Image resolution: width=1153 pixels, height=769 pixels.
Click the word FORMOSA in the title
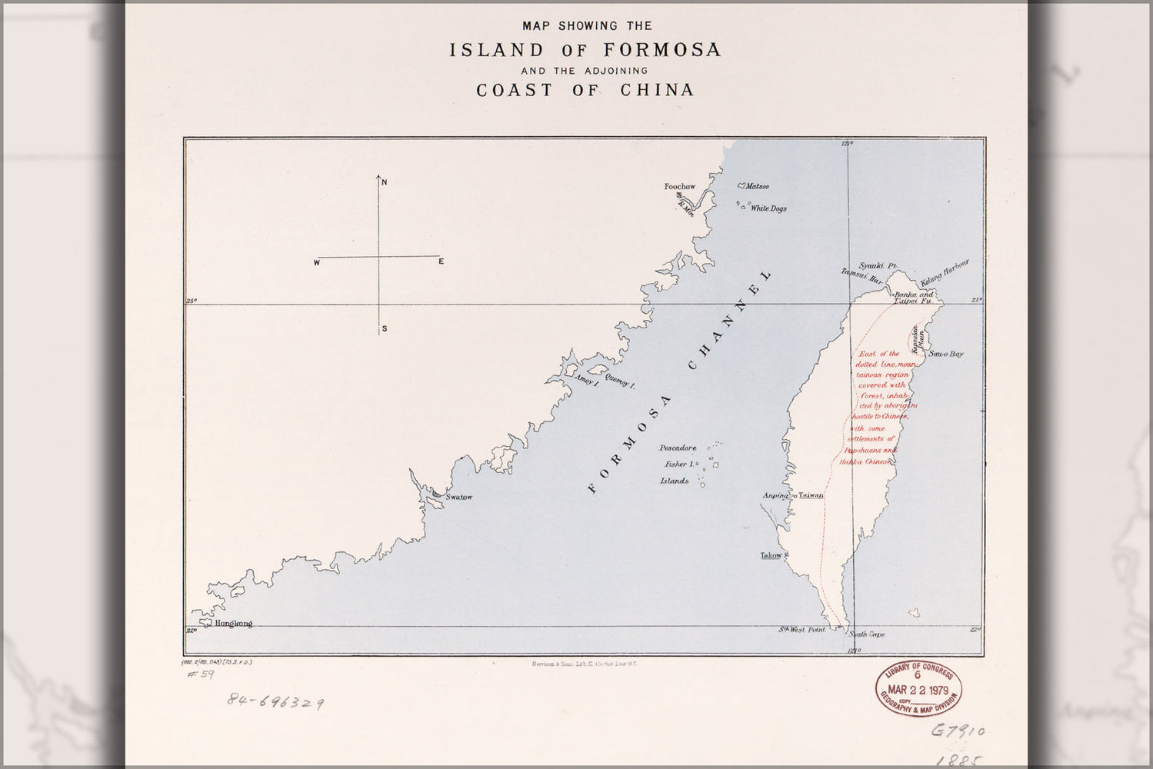662,51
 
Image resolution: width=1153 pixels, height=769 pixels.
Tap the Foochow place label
680,187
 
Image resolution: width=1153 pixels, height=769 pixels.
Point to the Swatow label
459,498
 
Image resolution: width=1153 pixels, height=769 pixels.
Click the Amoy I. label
586,381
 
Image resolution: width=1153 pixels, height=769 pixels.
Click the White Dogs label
768,208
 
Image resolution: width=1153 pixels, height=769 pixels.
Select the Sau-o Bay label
946,355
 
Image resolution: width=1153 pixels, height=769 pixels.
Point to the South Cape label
867,634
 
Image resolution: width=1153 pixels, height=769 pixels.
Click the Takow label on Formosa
771,555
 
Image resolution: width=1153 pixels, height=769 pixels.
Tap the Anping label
775,496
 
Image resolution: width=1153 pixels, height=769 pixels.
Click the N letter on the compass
385,181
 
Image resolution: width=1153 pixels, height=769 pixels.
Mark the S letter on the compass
384,329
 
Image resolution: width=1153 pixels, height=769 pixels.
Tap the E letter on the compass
442,262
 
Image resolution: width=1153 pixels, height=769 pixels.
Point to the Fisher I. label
680,464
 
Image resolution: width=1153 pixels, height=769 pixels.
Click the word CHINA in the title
657,90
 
